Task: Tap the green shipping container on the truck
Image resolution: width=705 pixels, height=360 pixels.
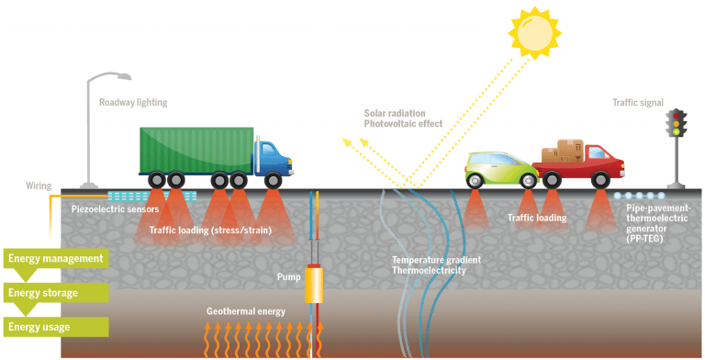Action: click(x=196, y=149)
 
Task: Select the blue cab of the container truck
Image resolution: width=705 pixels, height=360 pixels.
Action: click(x=273, y=158)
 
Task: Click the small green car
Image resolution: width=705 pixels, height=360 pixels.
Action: click(x=499, y=167)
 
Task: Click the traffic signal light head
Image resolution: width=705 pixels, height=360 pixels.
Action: click(x=677, y=124)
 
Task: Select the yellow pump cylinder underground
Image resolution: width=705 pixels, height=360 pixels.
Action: click(x=315, y=286)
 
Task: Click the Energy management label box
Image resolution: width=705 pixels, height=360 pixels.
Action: click(x=53, y=259)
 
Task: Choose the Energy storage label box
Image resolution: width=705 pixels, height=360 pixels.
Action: click(x=53, y=293)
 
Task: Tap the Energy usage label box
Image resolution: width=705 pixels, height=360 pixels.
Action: click(x=53, y=327)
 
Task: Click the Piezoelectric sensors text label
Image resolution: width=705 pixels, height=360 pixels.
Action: click(x=116, y=210)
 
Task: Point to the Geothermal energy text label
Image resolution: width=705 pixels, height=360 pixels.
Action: click(x=245, y=312)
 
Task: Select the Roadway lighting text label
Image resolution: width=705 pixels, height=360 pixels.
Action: click(x=133, y=103)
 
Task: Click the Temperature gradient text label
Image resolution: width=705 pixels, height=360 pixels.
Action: click(x=436, y=261)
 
